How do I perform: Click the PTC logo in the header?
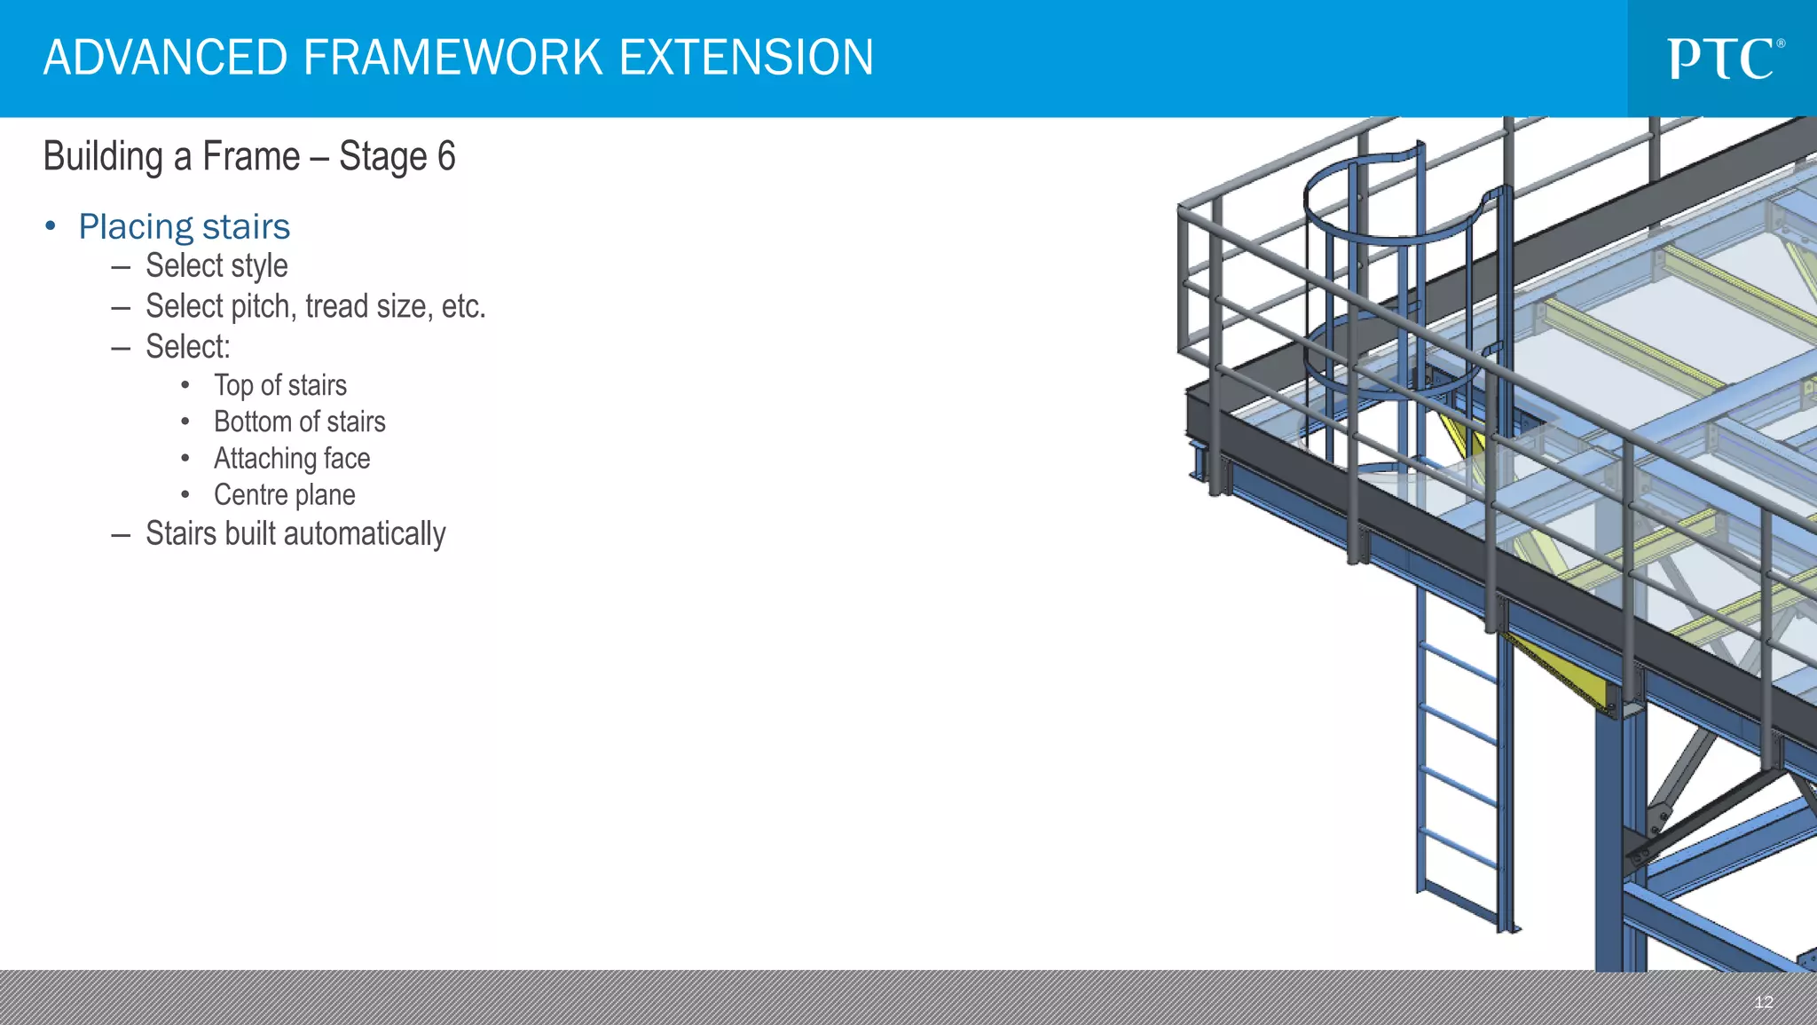[x=1726, y=59]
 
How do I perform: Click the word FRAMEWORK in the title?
[x=452, y=58]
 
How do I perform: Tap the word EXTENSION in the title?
[x=746, y=58]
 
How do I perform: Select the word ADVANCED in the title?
[x=166, y=58]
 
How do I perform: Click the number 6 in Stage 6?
[x=445, y=156]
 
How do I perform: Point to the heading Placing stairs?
[x=184, y=226]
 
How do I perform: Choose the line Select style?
[x=216, y=265]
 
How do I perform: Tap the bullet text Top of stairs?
[x=279, y=385]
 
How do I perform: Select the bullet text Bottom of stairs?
[x=299, y=422]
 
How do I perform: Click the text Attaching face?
[x=292, y=458]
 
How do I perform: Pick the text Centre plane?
[x=284, y=494]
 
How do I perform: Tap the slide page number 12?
[x=1763, y=1002]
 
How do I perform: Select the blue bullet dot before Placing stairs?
[x=51, y=226]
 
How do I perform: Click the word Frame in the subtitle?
[x=251, y=156]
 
